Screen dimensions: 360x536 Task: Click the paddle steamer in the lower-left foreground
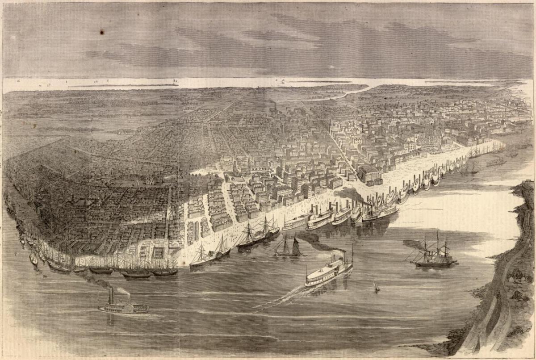tap(123, 307)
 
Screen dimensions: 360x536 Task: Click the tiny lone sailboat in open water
tap(376, 287)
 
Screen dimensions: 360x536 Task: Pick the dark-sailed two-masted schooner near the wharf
tap(288, 248)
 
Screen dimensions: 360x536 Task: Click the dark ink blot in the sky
tap(102, 32)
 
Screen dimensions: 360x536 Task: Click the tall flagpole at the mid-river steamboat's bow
tap(352, 255)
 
